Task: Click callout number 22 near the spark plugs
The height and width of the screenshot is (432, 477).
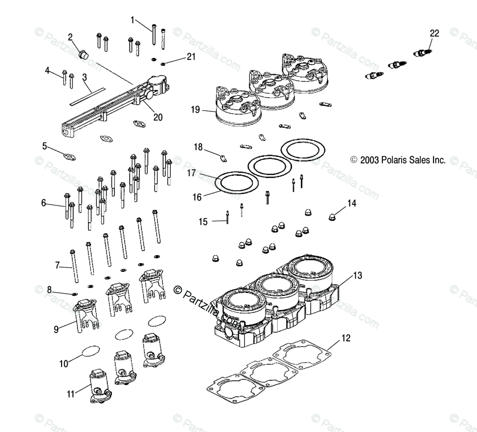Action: [434, 33]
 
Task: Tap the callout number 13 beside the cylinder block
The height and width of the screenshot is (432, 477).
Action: [357, 276]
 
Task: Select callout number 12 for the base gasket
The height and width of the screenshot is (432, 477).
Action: [346, 338]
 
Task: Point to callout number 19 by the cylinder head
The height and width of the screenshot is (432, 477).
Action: [195, 110]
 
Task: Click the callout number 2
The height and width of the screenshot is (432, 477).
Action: [70, 37]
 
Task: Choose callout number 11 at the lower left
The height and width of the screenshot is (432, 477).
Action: [70, 394]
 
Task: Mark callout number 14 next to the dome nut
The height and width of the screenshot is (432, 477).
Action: [352, 204]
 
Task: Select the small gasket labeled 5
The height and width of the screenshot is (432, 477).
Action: [70, 157]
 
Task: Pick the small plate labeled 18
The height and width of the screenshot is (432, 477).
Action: [223, 159]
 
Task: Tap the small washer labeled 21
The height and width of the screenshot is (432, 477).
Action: [163, 64]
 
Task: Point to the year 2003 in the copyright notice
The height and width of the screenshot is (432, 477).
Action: [369, 160]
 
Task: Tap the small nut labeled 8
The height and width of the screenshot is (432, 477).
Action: [75, 294]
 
